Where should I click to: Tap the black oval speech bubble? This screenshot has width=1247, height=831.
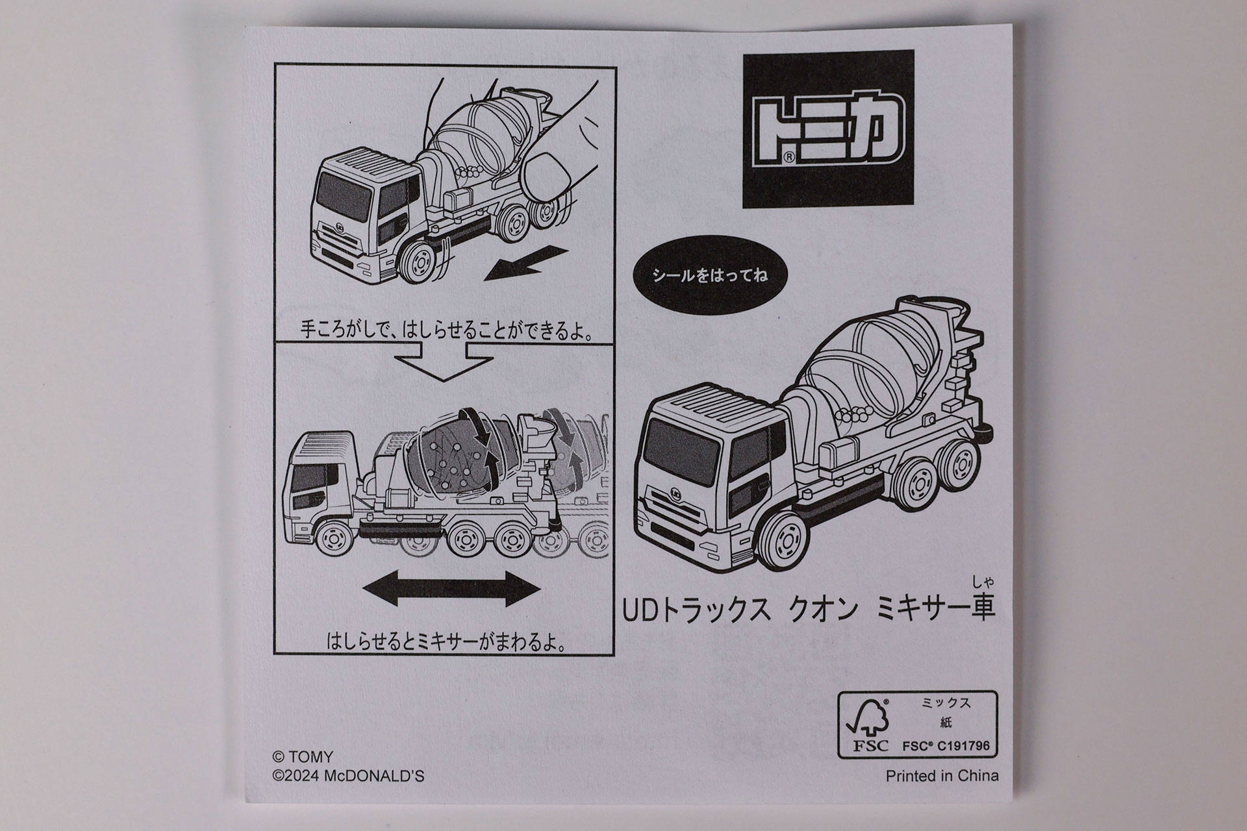pos(709,275)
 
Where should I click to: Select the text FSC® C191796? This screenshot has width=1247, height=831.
pos(947,746)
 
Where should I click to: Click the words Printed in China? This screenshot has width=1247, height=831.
pos(942,776)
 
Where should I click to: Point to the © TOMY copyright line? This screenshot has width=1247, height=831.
pos(303,757)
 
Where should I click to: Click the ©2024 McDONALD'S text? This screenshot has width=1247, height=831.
pos(348,776)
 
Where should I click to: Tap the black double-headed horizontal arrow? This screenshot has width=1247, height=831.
pos(451,589)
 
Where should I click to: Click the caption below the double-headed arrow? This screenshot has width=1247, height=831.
pos(445,643)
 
